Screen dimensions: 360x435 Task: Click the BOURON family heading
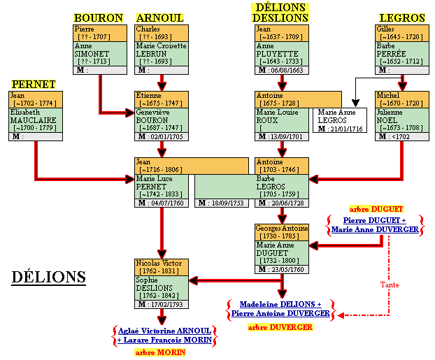point(99,17)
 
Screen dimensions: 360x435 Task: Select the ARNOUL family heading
point(160,17)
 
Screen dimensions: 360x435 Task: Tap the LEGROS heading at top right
point(402,17)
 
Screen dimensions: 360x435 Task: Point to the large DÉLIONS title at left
point(49,278)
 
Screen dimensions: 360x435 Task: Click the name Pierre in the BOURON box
point(83,29)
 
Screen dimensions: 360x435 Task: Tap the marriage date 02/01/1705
point(165,137)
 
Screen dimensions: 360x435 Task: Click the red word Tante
point(390,285)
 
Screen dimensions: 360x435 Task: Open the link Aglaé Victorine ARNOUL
point(164,331)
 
